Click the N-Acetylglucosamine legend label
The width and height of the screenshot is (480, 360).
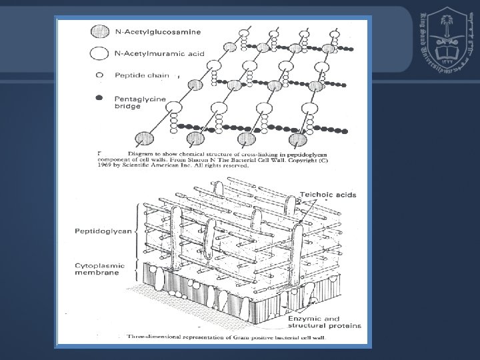point(158,31)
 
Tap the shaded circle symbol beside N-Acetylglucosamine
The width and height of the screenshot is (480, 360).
point(99,31)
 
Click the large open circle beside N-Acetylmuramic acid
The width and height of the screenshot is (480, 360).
point(99,53)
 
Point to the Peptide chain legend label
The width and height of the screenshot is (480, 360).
point(141,75)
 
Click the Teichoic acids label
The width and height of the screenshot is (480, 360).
point(328,195)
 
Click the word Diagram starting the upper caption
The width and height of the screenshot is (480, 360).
point(120,154)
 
